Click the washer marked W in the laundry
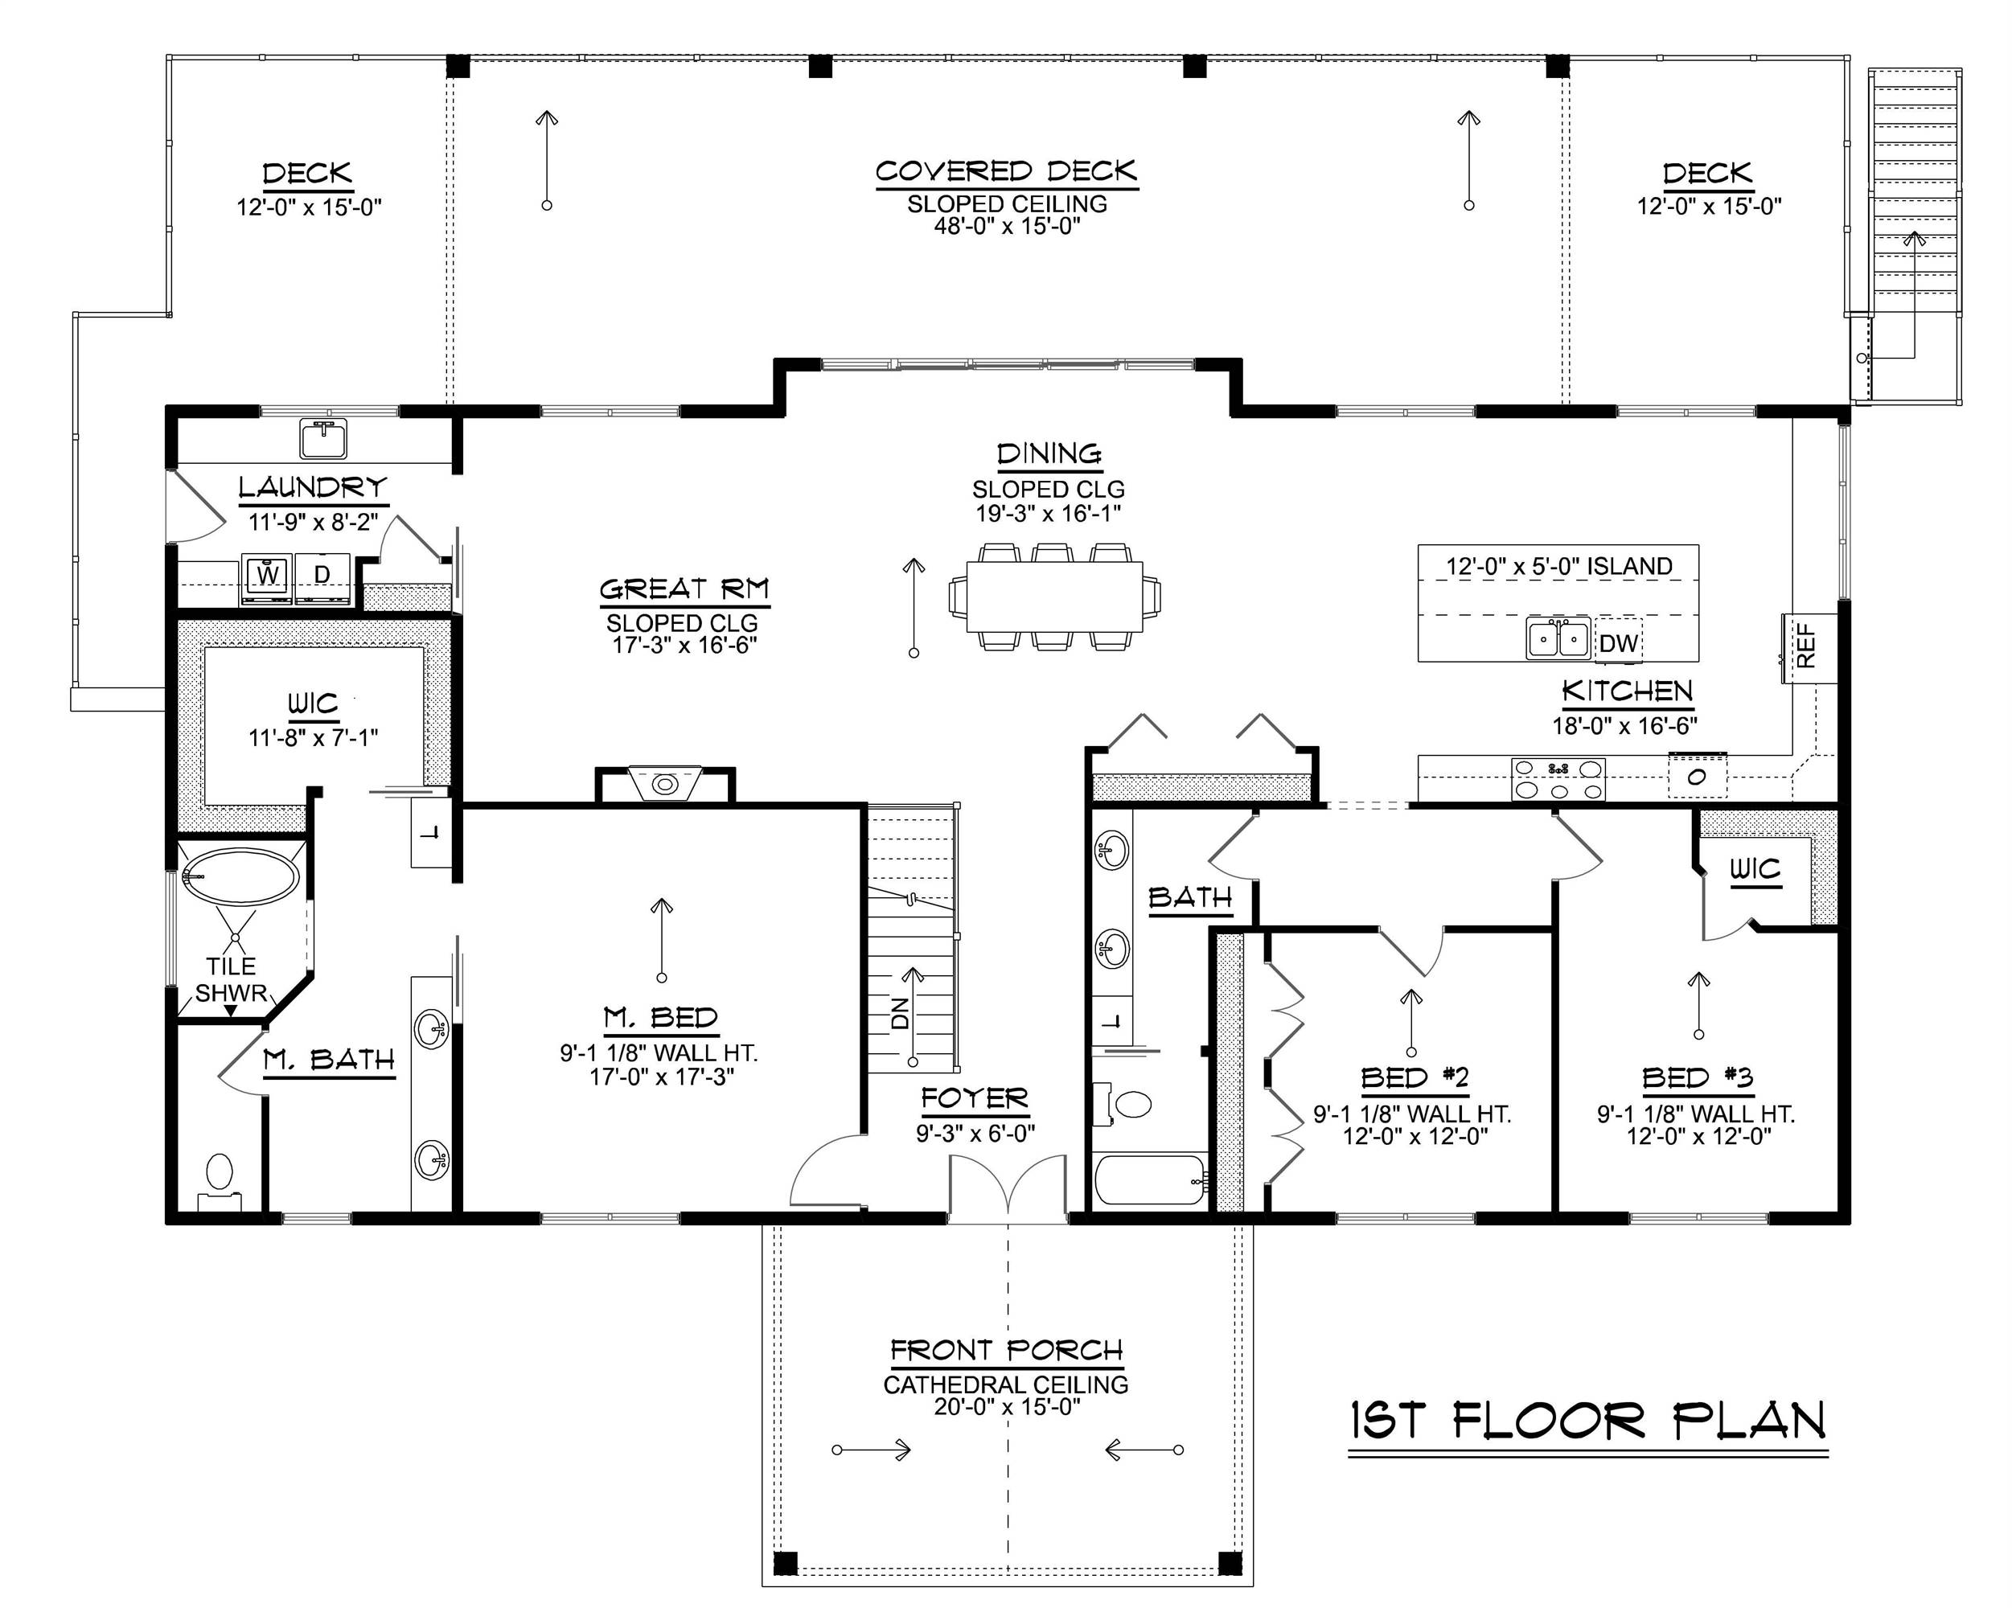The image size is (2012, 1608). [x=268, y=579]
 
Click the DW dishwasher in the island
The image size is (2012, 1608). [x=1617, y=642]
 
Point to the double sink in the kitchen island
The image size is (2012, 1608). [x=1558, y=639]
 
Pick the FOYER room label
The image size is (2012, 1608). [x=975, y=1098]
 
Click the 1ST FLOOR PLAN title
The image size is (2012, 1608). [x=1587, y=1421]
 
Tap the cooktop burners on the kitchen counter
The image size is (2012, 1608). [x=1558, y=779]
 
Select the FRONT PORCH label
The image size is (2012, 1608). [x=1006, y=1351]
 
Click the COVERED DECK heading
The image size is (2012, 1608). [x=1006, y=172]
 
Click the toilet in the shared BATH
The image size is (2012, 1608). [x=1127, y=1105]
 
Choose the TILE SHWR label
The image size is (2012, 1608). [x=231, y=979]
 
